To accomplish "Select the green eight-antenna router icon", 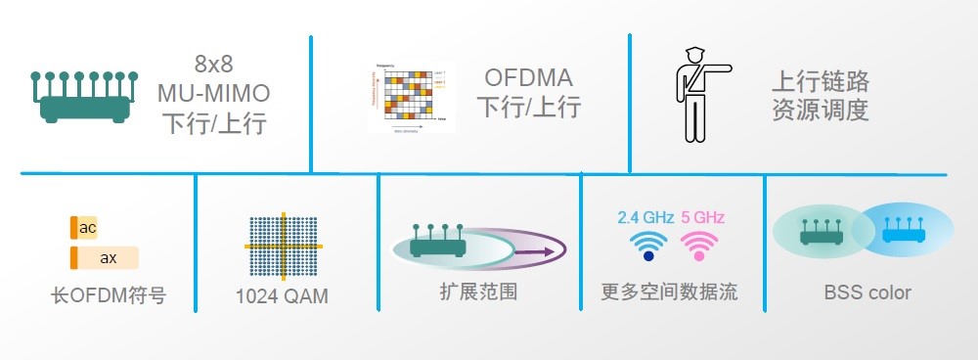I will coord(84,96).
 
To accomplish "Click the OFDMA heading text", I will coord(528,77).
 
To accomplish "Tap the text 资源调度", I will coord(820,111).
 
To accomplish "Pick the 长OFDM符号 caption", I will coord(107,295).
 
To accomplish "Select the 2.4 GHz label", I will coord(645,217).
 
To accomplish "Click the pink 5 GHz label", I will coord(702,217).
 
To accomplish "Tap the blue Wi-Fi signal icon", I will coord(647,246).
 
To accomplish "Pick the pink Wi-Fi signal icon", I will coord(698,246).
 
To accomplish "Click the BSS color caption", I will coord(867,292).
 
